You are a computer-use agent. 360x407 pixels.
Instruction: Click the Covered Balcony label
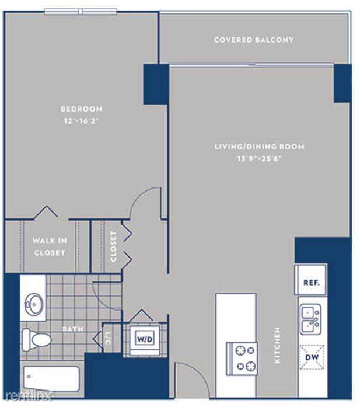(254, 40)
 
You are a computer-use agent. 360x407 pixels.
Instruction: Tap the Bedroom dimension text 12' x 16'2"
(82, 121)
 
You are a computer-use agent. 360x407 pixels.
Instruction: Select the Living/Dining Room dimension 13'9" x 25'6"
(260, 158)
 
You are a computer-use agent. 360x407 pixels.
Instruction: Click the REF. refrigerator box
(311, 280)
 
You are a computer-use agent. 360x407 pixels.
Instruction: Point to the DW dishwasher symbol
(312, 357)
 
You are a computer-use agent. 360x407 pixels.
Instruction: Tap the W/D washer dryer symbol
(145, 339)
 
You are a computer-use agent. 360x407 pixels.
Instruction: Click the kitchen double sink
(310, 320)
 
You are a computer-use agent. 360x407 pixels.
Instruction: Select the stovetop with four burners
(242, 359)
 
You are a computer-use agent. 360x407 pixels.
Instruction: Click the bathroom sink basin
(34, 304)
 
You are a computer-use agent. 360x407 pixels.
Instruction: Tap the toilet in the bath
(36, 339)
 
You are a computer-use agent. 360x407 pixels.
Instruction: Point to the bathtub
(51, 379)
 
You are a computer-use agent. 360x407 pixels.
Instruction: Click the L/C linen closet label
(108, 339)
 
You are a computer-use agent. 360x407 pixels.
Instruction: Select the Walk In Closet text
(50, 246)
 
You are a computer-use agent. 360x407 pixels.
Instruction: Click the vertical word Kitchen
(277, 345)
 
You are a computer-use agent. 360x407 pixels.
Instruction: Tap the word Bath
(74, 329)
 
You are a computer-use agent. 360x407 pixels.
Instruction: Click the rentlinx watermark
(29, 396)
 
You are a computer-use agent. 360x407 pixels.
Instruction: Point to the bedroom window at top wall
(81, 12)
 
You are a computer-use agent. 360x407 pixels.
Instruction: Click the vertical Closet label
(113, 246)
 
